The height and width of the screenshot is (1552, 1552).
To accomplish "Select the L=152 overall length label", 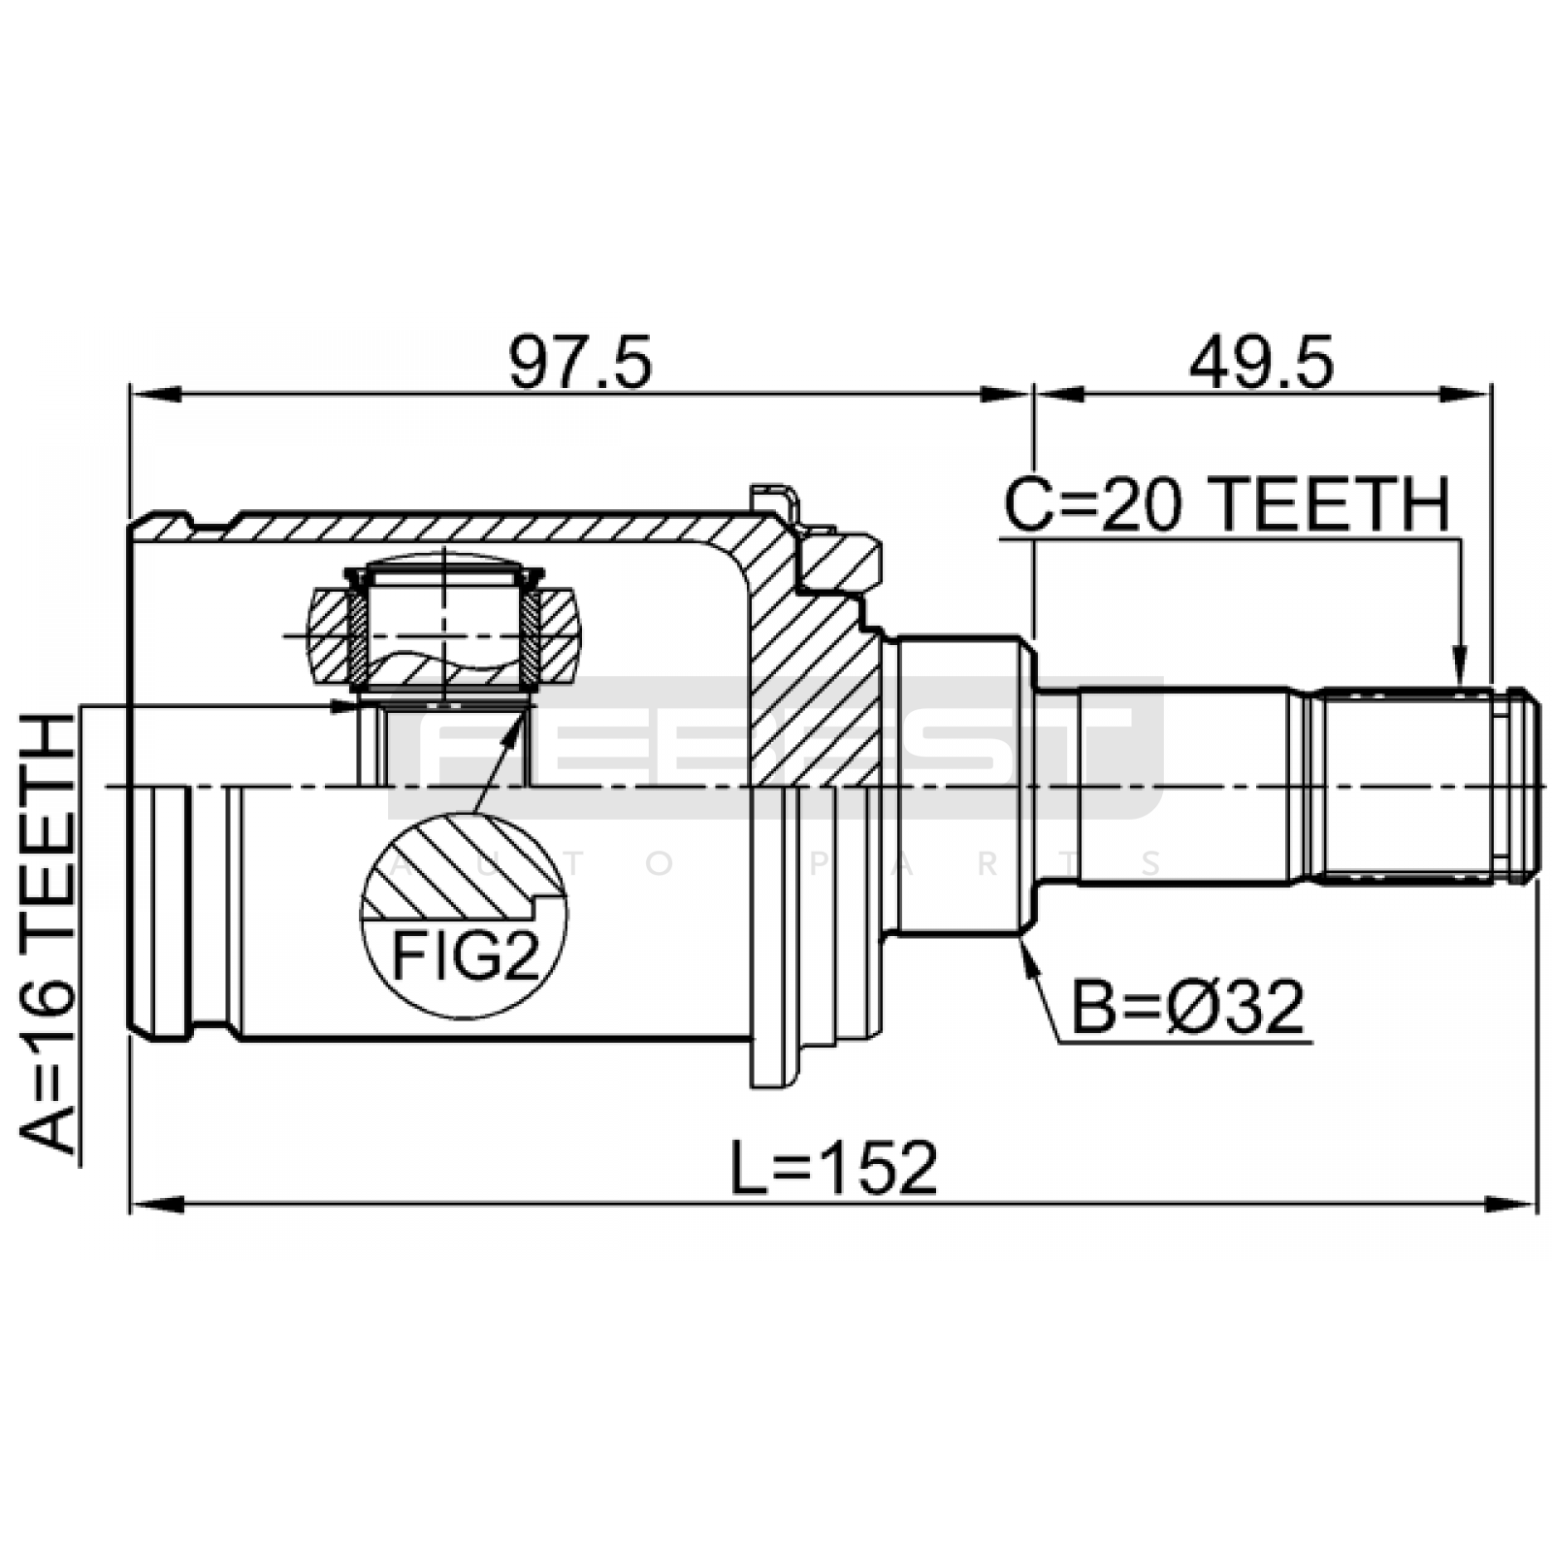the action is click(x=833, y=1168).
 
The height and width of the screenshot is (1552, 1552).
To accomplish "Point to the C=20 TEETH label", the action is click(x=1226, y=503).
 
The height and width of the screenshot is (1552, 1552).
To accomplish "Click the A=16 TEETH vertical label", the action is click(x=47, y=934).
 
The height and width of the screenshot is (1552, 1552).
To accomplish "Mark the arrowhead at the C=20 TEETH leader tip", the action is click(x=1458, y=671).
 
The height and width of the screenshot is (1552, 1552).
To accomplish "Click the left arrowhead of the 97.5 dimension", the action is click(x=155, y=395).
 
